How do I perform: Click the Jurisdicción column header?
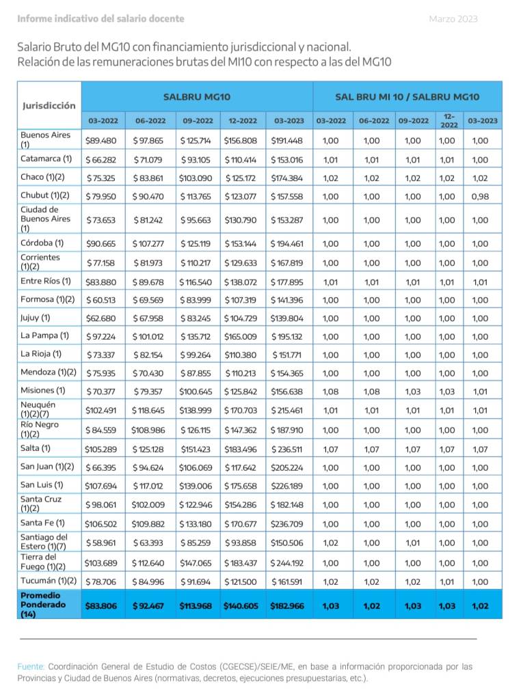[x=49, y=106]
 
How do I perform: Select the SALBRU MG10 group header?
[x=197, y=97]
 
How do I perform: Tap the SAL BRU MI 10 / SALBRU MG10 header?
[x=407, y=97]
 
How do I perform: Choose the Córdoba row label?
[x=42, y=243]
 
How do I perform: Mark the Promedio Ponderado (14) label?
[x=44, y=605]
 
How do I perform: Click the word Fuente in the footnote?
[x=31, y=666]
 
